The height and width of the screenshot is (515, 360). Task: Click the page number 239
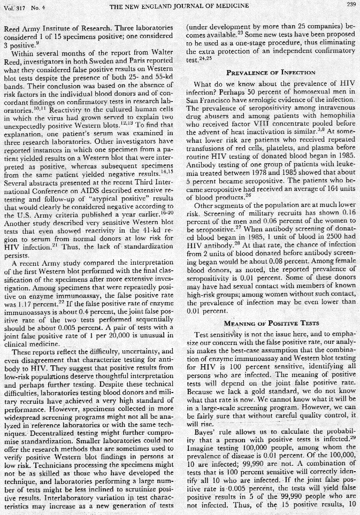350,5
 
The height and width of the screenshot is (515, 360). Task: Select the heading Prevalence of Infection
270,72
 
